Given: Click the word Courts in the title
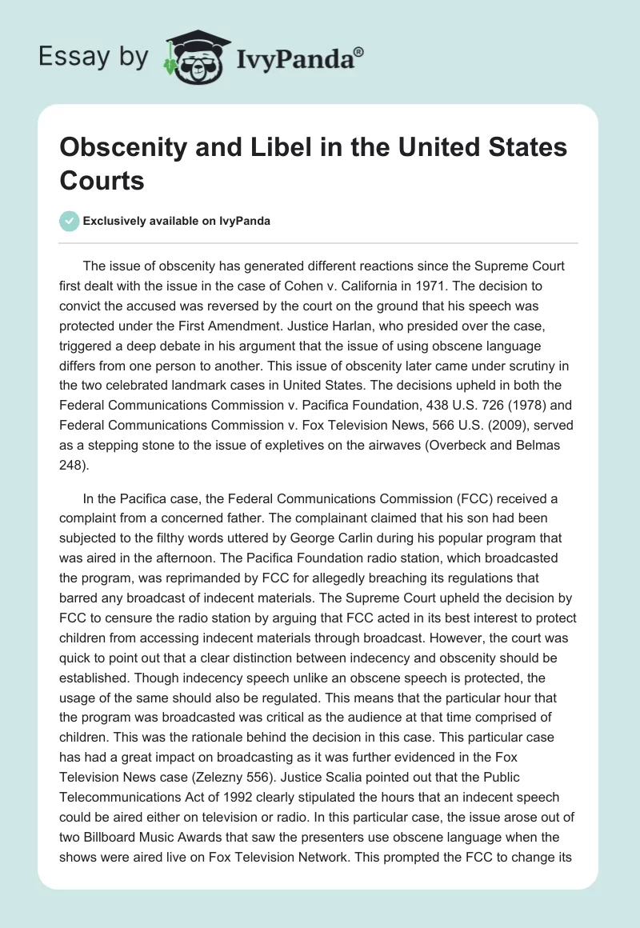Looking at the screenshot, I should [102, 180].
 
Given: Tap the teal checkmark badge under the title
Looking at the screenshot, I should [70, 221].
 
